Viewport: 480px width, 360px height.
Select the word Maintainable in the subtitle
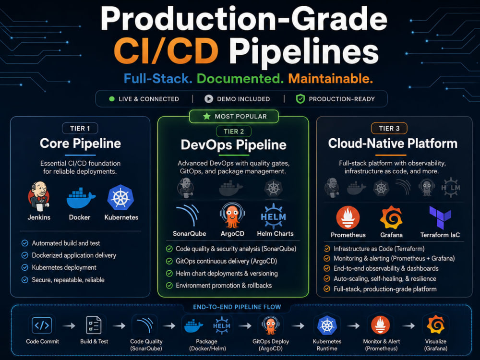(330, 79)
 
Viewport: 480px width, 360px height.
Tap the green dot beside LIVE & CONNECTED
(112, 99)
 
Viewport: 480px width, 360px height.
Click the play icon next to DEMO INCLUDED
(209, 99)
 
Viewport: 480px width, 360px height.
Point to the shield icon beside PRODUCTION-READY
(300, 99)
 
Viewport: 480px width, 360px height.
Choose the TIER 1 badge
(80, 128)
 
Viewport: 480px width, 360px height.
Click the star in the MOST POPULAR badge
(206, 116)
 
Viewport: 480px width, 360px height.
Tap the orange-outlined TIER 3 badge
(389, 128)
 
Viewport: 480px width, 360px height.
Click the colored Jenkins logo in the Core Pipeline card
(39, 196)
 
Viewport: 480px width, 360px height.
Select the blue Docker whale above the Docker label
(81, 198)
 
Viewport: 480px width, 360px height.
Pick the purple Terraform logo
(440, 217)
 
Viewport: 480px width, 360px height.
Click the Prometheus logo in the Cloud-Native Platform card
(348, 217)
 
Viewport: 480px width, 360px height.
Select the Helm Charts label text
(275, 234)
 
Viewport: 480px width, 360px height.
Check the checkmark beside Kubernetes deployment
(25, 267)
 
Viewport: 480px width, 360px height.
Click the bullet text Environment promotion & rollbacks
(224, 286)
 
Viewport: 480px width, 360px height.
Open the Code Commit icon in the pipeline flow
(42, 325)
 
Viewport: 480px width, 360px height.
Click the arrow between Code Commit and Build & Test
(69, 326)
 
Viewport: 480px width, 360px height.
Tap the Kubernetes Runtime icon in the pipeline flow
(327, 325)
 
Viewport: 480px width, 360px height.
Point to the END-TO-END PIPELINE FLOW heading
(237, 307)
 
